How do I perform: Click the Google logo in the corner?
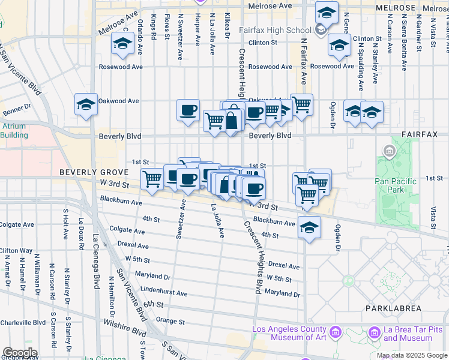pyautogui.click(x=19, y=353)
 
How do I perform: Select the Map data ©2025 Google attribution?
pyautogui.click(x=412, y=355)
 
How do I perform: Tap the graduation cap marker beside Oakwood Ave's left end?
pyautogui.click(x=86, y=104)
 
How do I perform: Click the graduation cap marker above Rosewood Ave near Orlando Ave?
pyautogui.click(x=122, y=44)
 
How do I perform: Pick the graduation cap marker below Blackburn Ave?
pyautogui.click(x=309, y=228)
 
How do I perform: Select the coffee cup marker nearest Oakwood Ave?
pyautogui.click(x=188, y=110)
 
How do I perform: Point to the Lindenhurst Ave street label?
pyautogui.click(x=164, y=294)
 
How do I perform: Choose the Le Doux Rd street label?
pyautogui.click(x=80, y=231)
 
